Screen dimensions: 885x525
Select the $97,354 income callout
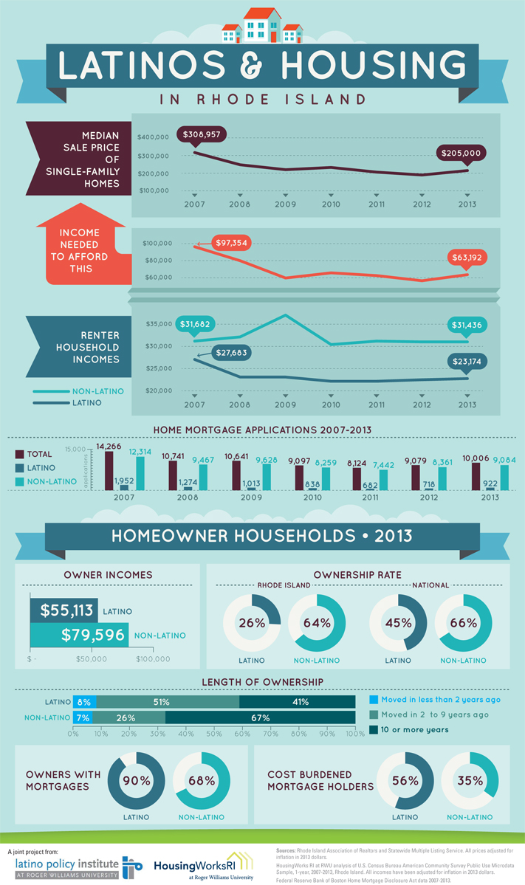tap(230, 243)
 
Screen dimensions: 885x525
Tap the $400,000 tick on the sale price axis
tap(153, 138)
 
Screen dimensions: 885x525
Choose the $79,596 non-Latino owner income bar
tap(79, 634)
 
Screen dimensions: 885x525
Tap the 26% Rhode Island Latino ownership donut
tap(252, 622)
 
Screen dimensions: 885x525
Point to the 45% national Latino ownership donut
tap(398, 622)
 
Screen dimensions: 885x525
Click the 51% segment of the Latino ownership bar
tap(168, 702)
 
